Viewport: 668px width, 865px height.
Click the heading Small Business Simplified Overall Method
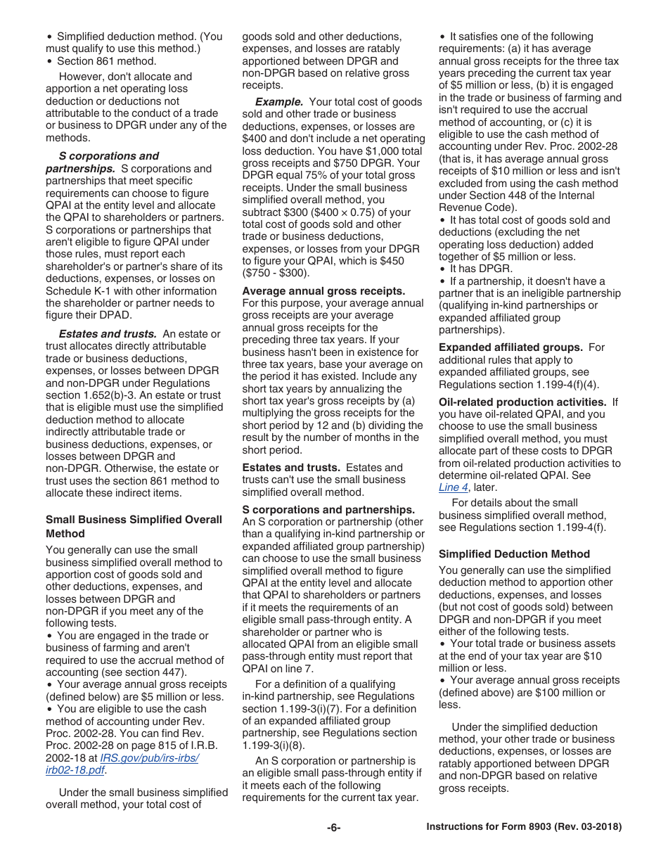[x=134, y=526]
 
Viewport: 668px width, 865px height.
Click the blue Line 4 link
[x=454, y=487]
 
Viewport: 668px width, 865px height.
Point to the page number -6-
[x=333, y=828]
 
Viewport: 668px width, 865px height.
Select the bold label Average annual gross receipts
[x=323, y=290]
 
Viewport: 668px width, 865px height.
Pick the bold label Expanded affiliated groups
[x=510, y=347]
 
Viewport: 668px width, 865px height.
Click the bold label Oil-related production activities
[x=522, y=402]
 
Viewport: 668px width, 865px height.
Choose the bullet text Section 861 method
[x=106, y=60]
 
